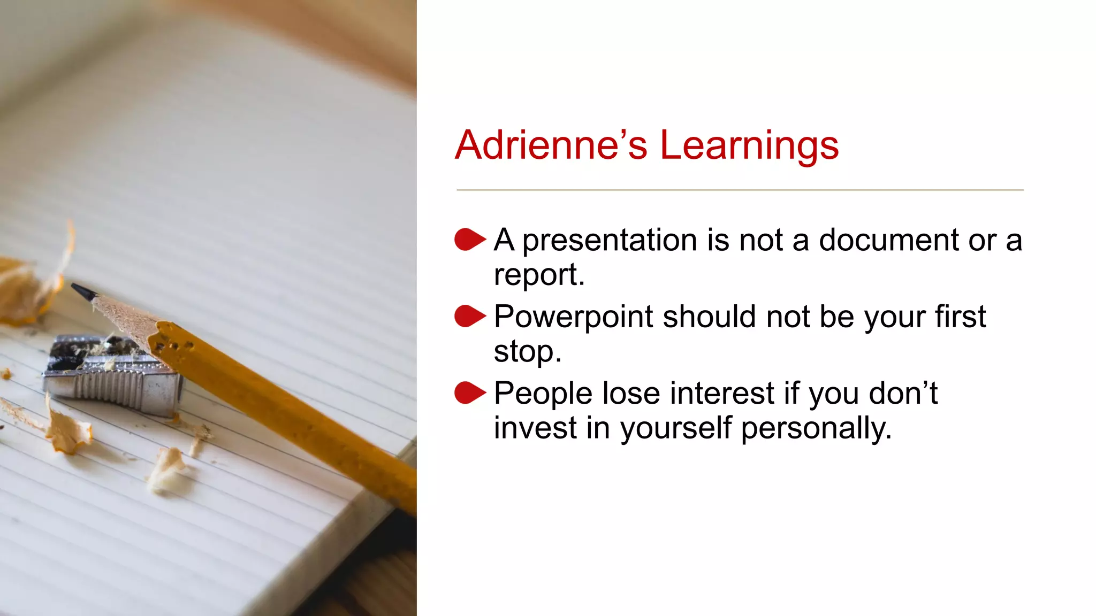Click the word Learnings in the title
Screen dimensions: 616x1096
(749, 145)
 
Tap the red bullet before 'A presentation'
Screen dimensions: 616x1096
(469, 240)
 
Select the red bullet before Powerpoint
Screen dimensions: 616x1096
(469, 316)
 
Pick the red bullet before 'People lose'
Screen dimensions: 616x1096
(469, 393)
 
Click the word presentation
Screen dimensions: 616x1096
(610, 241)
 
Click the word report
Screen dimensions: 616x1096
(538, 275)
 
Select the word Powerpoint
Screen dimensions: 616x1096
(573, 317)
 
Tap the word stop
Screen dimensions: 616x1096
(527, 352)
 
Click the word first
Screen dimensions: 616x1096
(960, 317)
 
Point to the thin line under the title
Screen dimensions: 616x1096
(739, 190)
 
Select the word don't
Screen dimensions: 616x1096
(903, 394)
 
